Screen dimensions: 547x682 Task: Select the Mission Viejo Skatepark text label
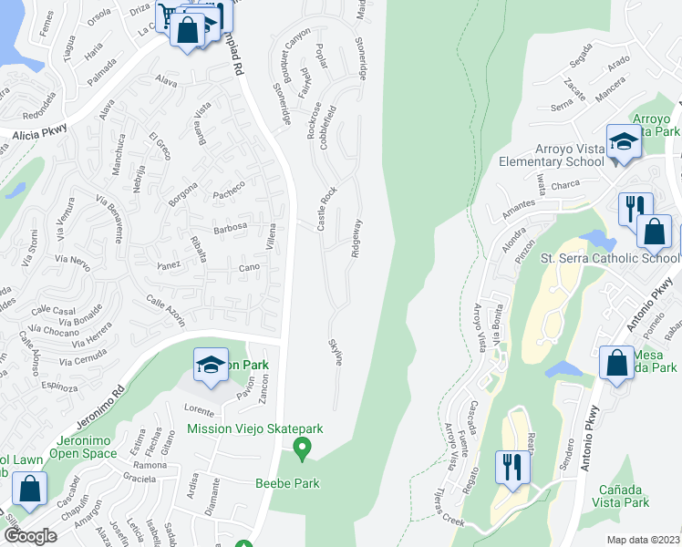[254, 428]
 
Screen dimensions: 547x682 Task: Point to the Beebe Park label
[287, 483]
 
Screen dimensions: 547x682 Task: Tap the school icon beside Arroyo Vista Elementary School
[624, 143]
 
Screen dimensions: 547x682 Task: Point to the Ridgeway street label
[356, 238]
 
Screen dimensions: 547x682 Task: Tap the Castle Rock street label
[320, 208]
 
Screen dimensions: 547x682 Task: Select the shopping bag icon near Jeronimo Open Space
[29, 488]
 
